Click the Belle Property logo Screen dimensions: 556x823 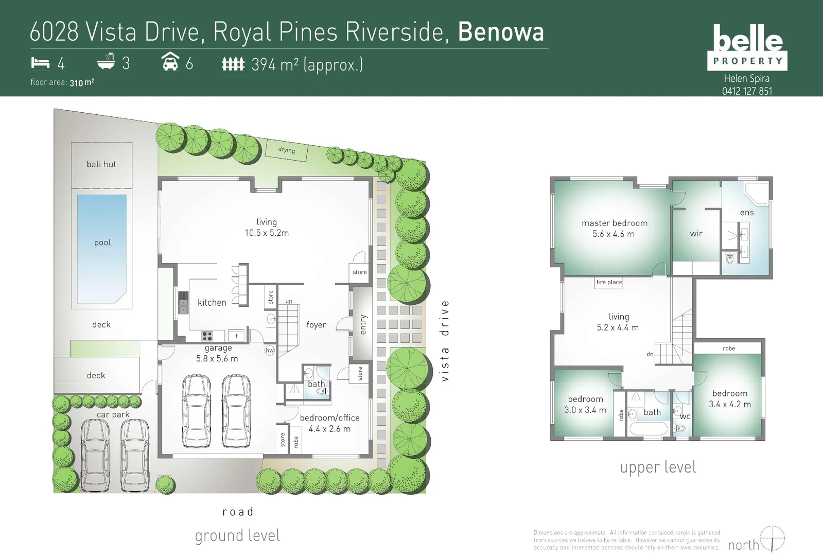coord(747,47)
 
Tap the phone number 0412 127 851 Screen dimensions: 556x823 coord(747,91)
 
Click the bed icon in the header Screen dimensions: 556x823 coord(40,63)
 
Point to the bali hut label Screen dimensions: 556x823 coord(101,164)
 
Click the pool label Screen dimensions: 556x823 coord(102,242)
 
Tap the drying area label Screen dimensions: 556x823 coord(287,150)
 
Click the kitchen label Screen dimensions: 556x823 coord(212,303)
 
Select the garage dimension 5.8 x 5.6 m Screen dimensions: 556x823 coord(217,358)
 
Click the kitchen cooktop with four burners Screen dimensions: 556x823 coord(207,336)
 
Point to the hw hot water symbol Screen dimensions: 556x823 coord(269,351)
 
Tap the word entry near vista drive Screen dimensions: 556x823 coord(363,324)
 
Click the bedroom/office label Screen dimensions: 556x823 coord(329,418)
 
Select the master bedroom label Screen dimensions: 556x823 coord(615,223)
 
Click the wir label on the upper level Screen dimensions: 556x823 coord(696,234)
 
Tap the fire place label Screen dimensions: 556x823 coord(609,282)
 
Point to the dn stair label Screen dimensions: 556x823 coord(650,354)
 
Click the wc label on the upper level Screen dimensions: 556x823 coord(685,416)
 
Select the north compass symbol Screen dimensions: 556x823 coord(773,538)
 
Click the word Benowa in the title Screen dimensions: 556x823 coord(501,32)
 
